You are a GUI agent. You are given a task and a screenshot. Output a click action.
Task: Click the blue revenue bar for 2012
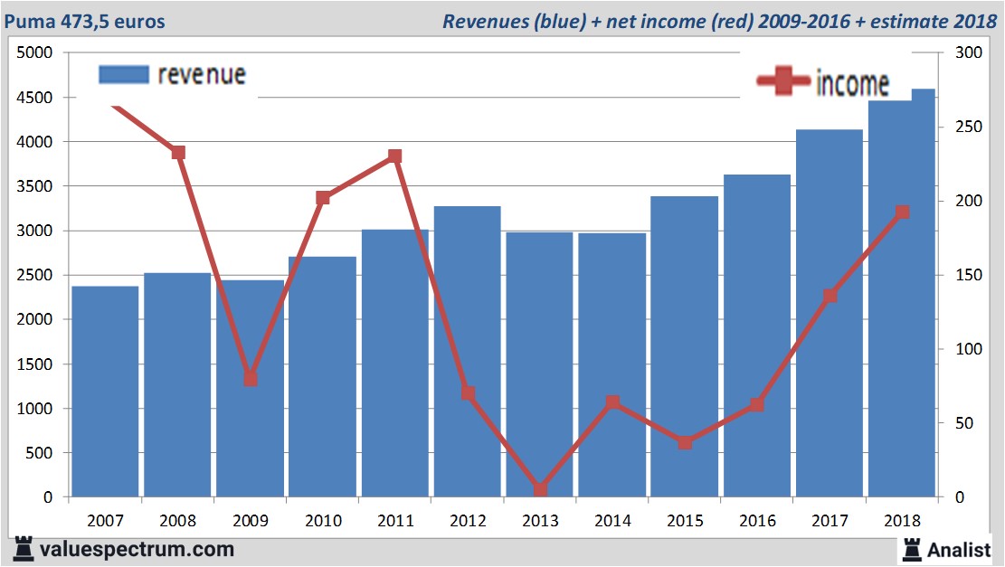click(467, 353)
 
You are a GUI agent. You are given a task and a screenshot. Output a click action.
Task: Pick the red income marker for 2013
click(540, 489)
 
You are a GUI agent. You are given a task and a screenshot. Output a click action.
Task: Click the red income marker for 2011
click(395, 156)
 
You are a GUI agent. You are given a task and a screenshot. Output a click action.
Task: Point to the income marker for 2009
click(251, 379)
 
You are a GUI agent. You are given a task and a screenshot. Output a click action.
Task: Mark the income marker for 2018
click(902, 213)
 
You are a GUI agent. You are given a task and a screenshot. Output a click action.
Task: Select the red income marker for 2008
click(178, 153)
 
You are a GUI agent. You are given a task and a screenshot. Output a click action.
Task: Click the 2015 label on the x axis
click(685, 521)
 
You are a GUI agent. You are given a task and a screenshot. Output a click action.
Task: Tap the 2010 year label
click(323, 521)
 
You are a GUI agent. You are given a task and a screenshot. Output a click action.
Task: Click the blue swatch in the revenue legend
click(123, 75)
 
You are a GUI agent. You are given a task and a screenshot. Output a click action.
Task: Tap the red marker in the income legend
click(783, 81)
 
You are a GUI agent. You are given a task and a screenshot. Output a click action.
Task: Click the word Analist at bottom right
click(959, 549)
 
